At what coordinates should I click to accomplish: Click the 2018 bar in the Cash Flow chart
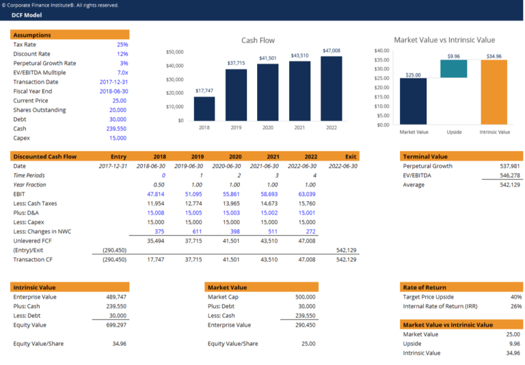(204, 109)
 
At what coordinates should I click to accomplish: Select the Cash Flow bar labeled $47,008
(331, 88)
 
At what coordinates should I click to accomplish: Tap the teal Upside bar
(454, 69)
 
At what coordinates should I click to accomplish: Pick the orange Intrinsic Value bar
(494, 92)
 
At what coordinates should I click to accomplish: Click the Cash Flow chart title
(258, 40)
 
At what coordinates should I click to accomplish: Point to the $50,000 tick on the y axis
(175, 52)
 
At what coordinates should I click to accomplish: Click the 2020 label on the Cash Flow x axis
(267, 128)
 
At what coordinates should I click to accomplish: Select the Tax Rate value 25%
(122, 44)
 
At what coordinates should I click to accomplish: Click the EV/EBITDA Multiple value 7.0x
(122, 72)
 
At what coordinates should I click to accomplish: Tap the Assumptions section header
(32, 35)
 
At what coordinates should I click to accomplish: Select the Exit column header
(351, 157)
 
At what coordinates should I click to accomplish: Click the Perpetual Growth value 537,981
(510, 166)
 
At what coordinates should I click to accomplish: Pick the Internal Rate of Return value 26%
(515, 306)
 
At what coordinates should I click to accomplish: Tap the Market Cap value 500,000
(305, 297)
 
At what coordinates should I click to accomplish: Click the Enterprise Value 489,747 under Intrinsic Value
(116, 297)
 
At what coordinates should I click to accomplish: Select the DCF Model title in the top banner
(27, 14)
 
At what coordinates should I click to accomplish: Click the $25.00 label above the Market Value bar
(414, 75)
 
